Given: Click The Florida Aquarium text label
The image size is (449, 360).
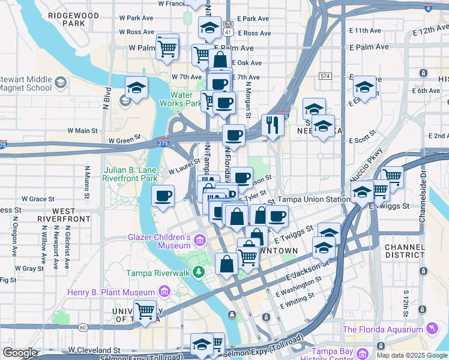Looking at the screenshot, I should pyautogui.click(x=382, y=329).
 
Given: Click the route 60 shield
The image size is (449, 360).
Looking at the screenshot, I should pyautogui.click(x=83, y=327).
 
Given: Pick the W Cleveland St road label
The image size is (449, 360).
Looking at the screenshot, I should pyautogui.click(x=94, y=349).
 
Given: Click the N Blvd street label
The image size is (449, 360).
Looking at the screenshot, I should pyautogui.click(x=106, y=99).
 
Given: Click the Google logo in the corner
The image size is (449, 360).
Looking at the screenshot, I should pyautogui.click(x=20, y=353).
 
